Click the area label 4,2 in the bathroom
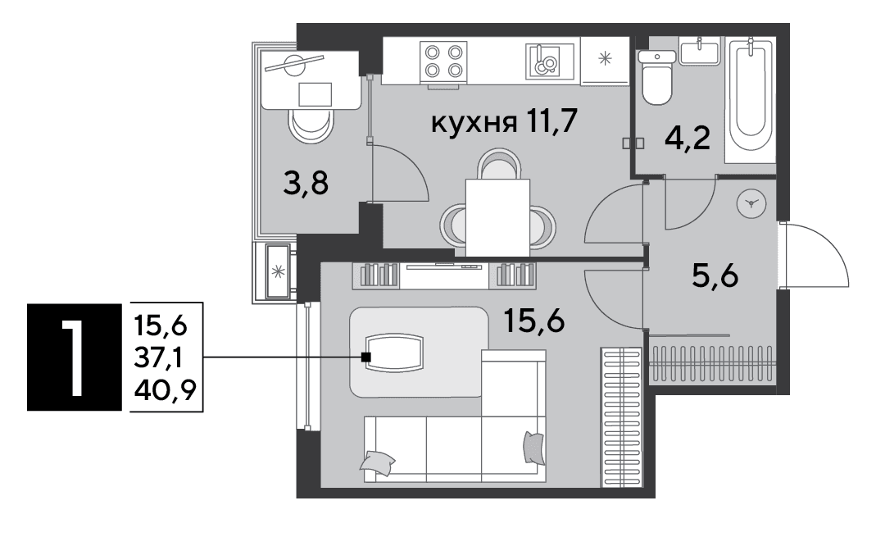coord(688,138)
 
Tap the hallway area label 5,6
coord(715,275)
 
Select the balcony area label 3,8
coord(306,183)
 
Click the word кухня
coord(474,122)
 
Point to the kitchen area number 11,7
coord(551,121)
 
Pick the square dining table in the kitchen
coord(497,217)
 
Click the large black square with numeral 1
coord(75,357)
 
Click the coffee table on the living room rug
coord(394,352)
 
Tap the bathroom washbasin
coord(699,51)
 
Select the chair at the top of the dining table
coord(499,164)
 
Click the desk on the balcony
coord(311,80)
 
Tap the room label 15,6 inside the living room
coord(534,321)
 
